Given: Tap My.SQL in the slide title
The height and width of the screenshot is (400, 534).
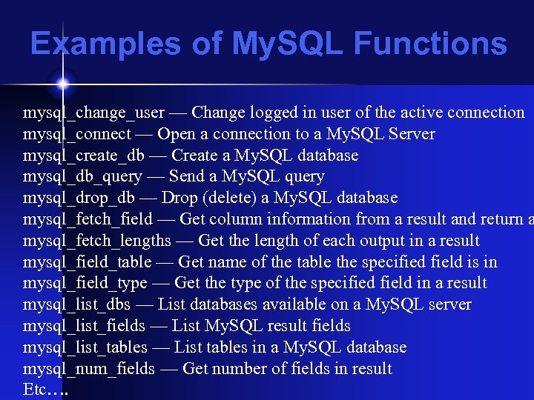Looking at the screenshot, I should point(289,44).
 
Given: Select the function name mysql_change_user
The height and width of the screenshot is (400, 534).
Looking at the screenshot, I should point(94,113).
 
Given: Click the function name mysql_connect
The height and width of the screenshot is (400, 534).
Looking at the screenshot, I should point(77,134).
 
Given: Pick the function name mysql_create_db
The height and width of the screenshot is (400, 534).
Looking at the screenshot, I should point(84,156).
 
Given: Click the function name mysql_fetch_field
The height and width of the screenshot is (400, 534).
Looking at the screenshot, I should point(88,219).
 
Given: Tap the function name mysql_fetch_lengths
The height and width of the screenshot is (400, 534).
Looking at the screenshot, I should point(96,241).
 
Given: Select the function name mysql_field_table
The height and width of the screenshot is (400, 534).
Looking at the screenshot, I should point(88,262).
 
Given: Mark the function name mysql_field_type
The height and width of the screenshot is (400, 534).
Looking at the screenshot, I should point(85,284).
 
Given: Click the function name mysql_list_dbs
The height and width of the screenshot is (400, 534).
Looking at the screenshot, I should point(77,305).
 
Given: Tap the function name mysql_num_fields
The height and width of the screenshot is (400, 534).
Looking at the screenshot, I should point(89,369).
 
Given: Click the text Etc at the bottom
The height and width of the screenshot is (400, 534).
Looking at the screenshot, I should point(35,390).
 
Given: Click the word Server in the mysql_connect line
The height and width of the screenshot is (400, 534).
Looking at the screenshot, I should point(412,134).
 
